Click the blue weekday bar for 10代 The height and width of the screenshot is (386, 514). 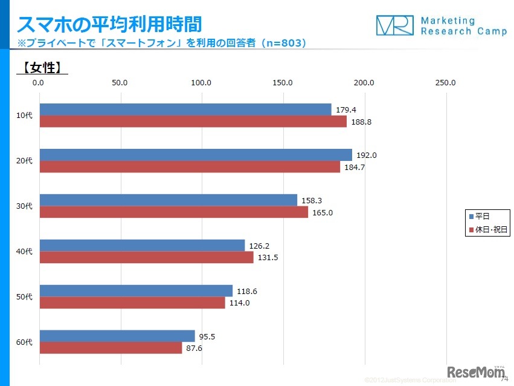pos(185,110)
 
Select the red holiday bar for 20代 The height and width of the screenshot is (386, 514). pos(190,167)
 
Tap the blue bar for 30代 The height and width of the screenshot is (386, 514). pos(168,200)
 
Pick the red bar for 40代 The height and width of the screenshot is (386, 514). pos(146,257)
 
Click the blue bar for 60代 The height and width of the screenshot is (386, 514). pos(117,336)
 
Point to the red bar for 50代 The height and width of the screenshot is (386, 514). pos(132,303)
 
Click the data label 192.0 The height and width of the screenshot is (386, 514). pos(367,155)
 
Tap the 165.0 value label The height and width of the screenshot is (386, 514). pos(323,212)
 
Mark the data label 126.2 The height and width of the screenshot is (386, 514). pos(259,246)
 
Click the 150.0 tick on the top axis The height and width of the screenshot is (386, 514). pos(283,83)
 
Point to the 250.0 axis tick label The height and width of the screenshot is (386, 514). pos(445,83)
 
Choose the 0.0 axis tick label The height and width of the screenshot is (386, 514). pos(39,83)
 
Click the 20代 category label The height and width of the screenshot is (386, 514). pos(24,161)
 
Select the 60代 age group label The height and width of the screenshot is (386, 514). pos(24,342)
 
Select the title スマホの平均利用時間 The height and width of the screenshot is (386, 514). pos(109,24)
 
